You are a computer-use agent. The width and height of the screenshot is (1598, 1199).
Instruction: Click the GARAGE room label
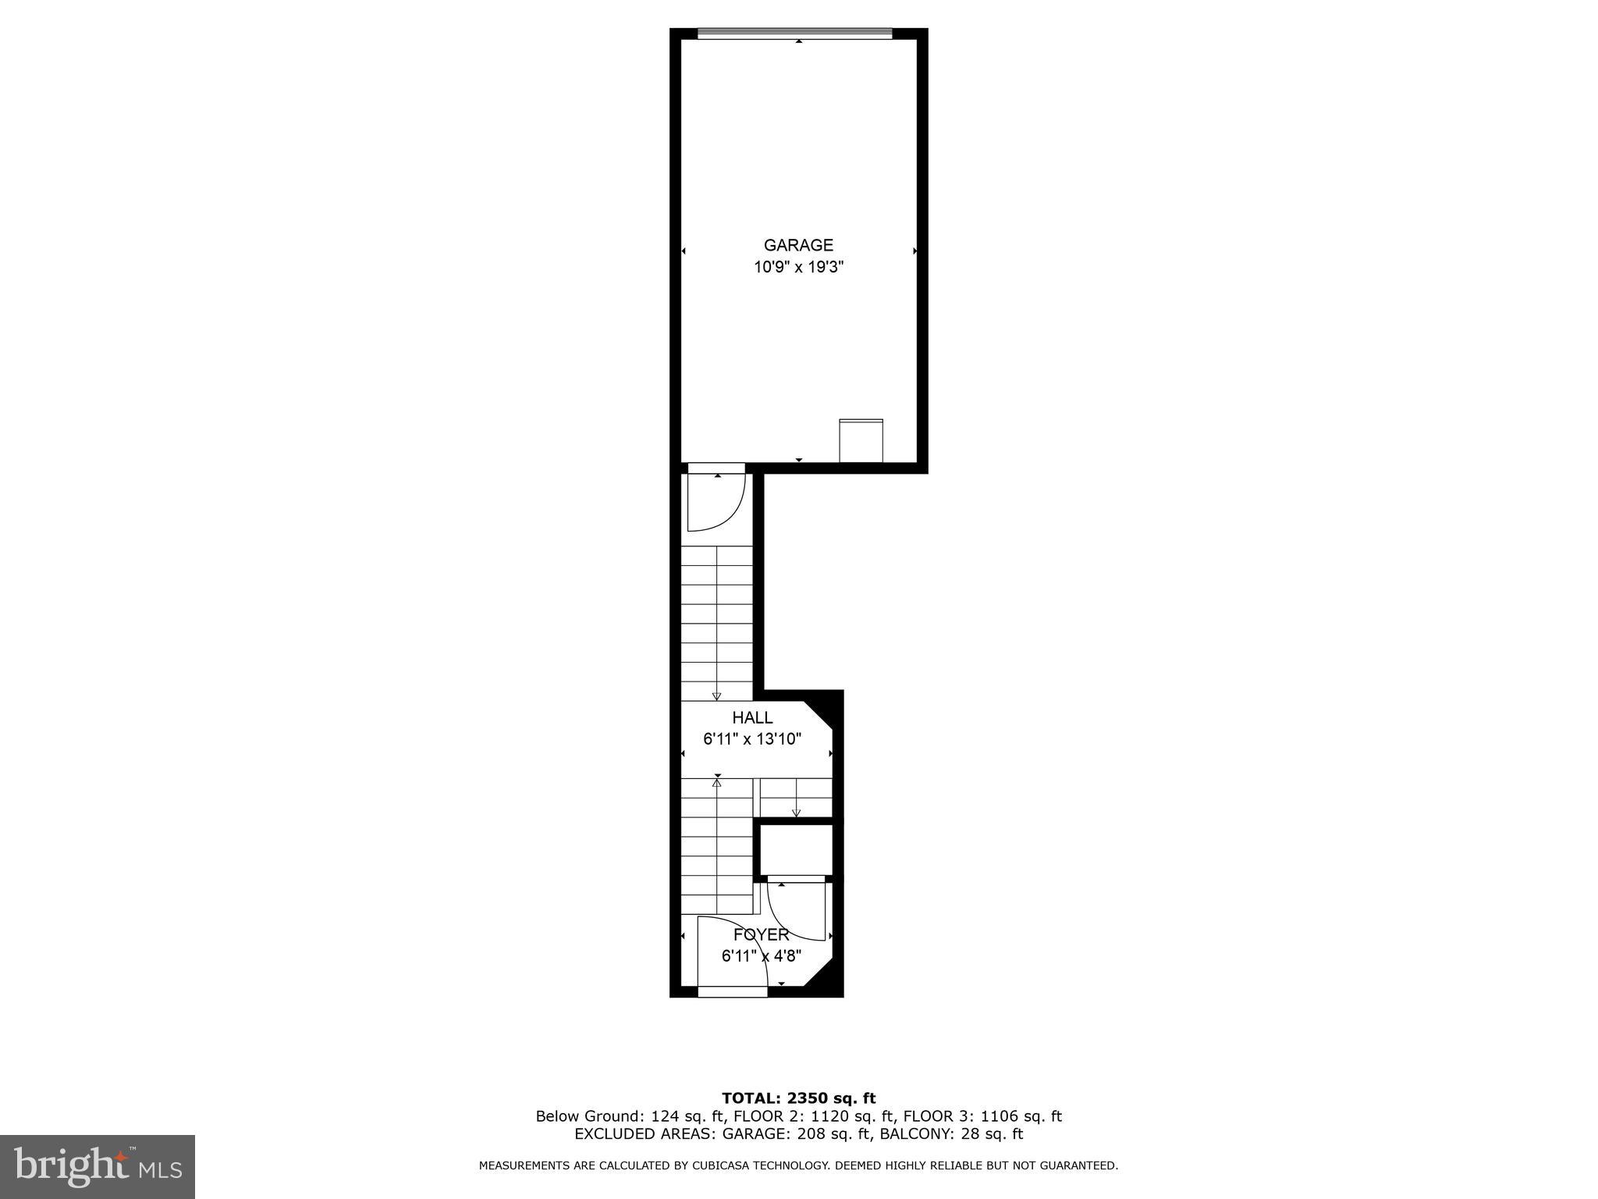(x=798, y=245)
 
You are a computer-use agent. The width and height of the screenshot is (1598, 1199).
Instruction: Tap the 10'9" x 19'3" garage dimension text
(x=798, y=268)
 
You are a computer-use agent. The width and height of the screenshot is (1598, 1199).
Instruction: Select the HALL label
(x=752, y=717)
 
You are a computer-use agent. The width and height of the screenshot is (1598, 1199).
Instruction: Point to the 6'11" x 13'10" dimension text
(x=752, y=739)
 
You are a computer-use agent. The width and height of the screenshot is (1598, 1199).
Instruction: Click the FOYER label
(x=761, y=934)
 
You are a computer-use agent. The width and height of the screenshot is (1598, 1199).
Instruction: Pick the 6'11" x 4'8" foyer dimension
(x=761, y=956)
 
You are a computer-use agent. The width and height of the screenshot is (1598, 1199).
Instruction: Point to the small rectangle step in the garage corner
(x=861, y=441)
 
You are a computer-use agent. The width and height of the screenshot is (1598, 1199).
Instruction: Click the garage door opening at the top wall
(x=794, y=34)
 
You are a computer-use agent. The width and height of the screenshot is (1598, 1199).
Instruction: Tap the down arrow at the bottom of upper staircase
(x=716, y=696)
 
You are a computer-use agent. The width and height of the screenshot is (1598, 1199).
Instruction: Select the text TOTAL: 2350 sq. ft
(x=798, y=1099)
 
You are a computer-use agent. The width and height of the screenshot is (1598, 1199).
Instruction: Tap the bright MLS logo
(x=98, y=1166)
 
